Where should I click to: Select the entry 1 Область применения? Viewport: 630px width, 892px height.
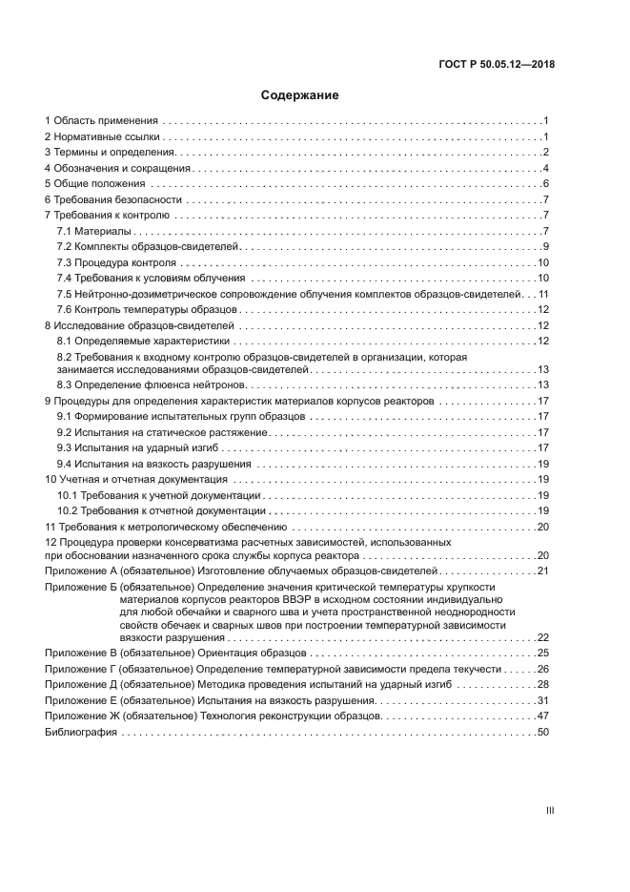[x=100, y=121]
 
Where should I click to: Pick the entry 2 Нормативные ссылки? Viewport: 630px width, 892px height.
[x=98, y=137]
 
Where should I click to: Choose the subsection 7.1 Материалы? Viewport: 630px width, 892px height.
[x=93, y=232]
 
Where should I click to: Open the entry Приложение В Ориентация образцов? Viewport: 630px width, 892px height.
[x=175, y=653]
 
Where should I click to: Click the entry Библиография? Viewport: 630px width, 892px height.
[x=81, y=732]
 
